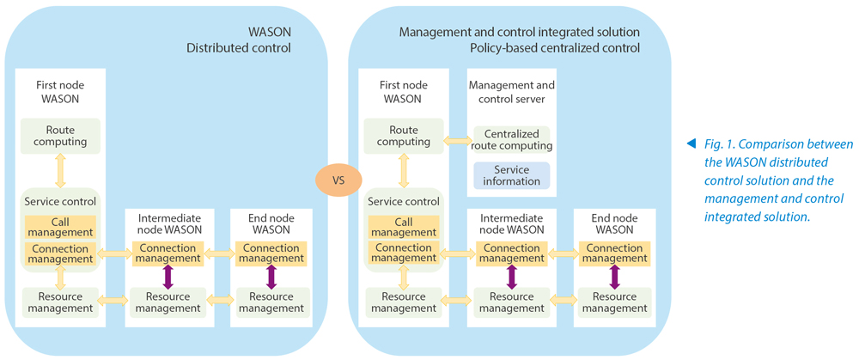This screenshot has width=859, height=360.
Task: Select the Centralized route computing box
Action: [512, 140]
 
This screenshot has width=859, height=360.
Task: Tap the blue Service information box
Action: [512, 175]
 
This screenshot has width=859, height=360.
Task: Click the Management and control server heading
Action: [512, 92]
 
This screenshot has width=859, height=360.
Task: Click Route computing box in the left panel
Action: [60, 136]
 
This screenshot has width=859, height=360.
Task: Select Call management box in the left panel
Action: [60, 227]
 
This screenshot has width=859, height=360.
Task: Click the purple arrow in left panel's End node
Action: [271, 277]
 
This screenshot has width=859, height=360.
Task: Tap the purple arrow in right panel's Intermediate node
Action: [512, 277]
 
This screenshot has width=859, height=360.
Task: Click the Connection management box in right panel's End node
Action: [615, 253]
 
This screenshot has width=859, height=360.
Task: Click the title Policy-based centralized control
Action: [555, 47]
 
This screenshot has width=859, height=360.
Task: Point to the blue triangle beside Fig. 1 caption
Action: [691, 144]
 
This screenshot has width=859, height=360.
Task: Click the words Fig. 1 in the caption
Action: [714, 144]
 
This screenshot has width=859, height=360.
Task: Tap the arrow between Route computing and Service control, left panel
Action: [60, 171]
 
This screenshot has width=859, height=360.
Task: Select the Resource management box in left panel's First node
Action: [60, 302]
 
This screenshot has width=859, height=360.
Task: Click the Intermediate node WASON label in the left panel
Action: [168, 223]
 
